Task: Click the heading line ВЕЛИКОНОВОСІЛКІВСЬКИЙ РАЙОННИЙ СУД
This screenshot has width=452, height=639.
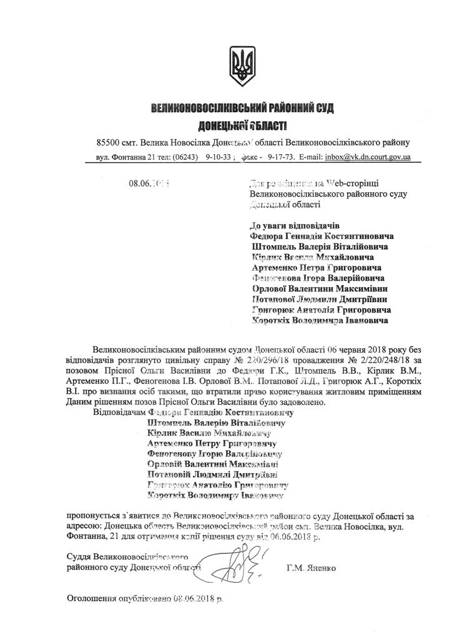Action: click(x=243, y=109)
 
